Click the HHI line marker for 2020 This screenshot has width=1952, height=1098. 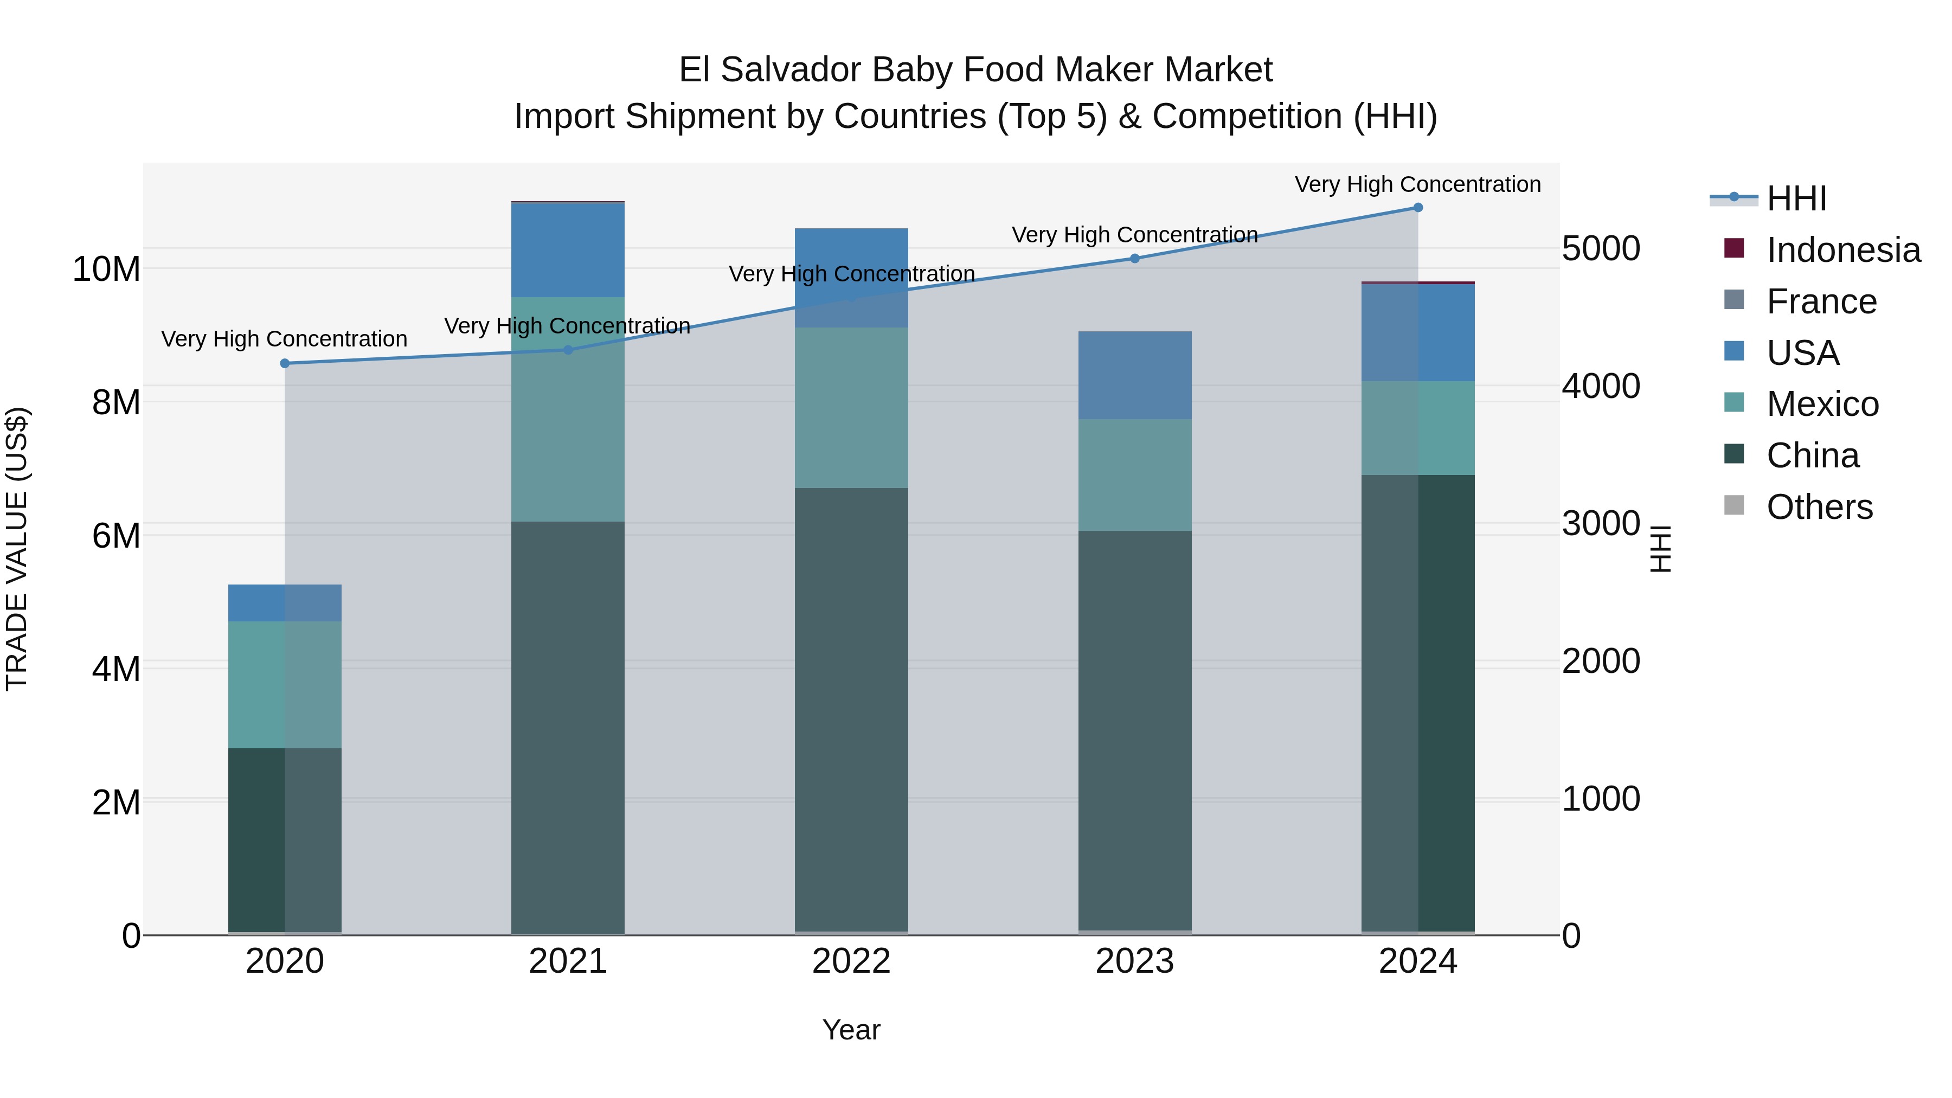[x=285, y=364]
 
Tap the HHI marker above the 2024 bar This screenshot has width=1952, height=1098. [x=1418, y=208]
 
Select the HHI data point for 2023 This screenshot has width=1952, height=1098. [x=1134, y=259]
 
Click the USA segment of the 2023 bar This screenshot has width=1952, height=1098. [x=1134, y=375]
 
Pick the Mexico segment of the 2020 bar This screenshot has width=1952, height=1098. [x=285, y=684]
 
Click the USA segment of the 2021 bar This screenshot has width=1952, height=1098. [x=568, y=250]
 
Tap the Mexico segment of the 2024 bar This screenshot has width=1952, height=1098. [x=1418, y=428]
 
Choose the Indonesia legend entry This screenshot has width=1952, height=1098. [x=1843, y=250]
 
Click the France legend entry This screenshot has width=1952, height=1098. [x=1821, y=301]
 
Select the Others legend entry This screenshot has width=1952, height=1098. [x=1819, y=507]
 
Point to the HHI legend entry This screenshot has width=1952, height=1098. [x=1796, y=198]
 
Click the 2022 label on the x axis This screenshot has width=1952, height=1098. [x=851, y=961]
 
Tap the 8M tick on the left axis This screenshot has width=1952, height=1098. [x=116, y=402]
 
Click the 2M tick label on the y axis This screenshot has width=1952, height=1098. [x=116, y=802]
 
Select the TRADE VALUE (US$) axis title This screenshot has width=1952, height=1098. [x=17, y=549]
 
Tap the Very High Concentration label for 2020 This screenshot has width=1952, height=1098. [x=284, y=339]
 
